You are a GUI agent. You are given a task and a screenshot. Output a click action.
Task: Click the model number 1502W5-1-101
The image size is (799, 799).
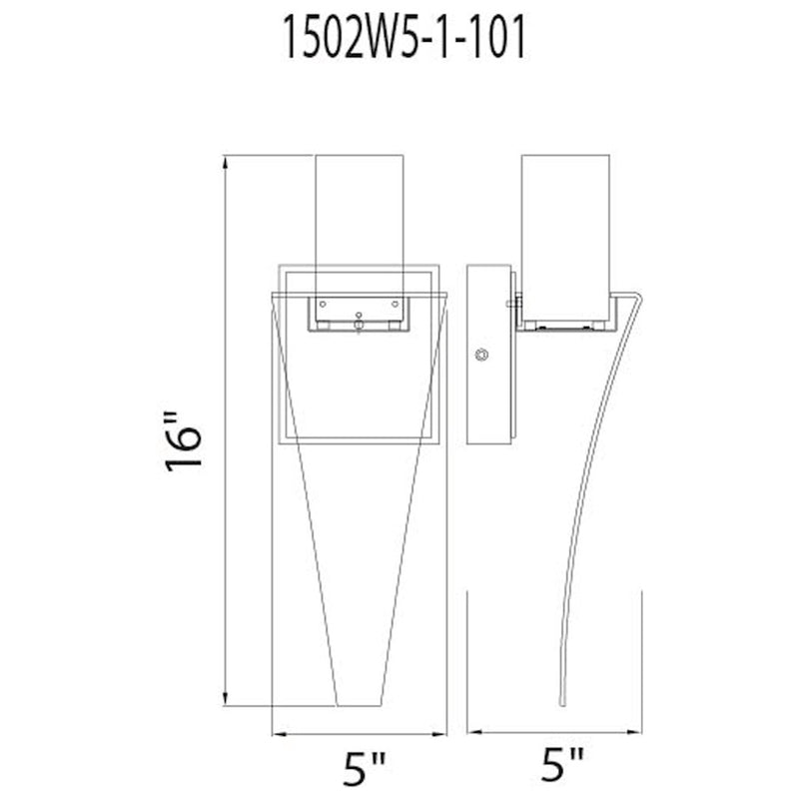(x=403, y=37)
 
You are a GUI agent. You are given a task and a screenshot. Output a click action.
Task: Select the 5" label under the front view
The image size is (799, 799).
(x=364, y=768)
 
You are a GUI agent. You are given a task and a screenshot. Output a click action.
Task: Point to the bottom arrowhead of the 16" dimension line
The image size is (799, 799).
(x=226, y=699)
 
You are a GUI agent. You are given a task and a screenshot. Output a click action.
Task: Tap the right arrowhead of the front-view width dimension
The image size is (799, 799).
(x=439, y=734)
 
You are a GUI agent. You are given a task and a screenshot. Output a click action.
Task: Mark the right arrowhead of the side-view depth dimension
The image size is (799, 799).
(x=635, y=732)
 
